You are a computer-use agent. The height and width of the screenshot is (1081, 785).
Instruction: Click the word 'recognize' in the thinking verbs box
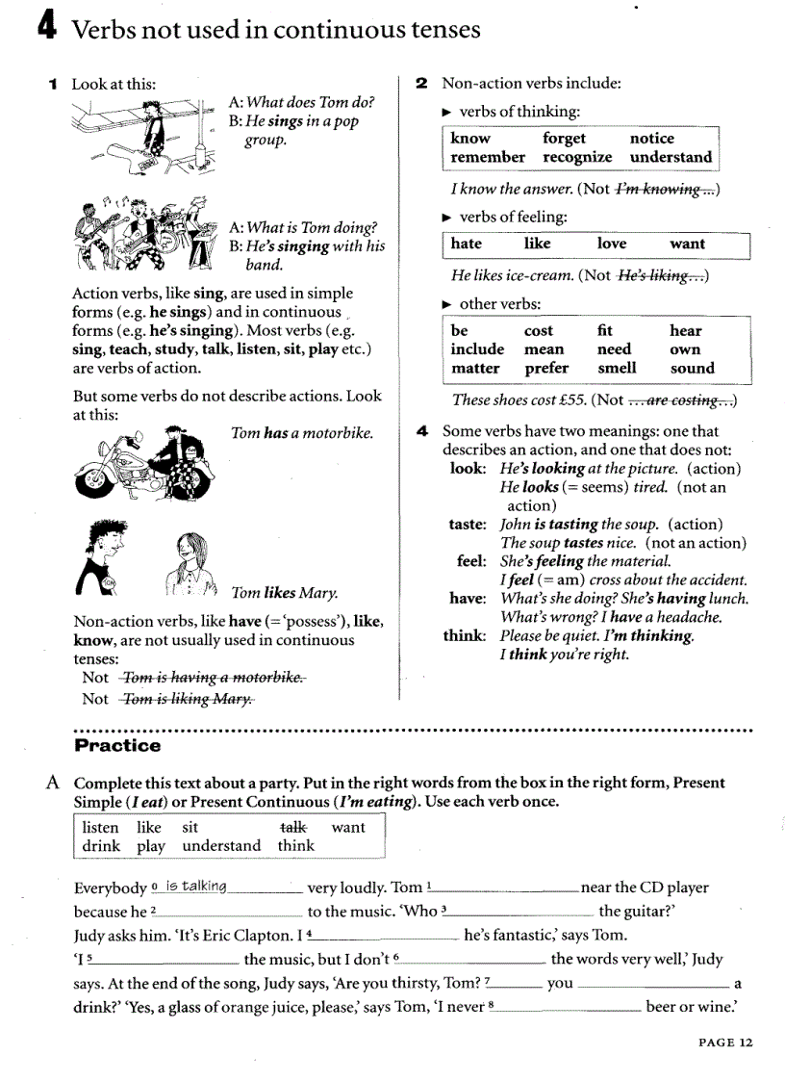click(576, 157)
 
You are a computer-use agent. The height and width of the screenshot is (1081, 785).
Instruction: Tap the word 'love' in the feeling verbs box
click(611, 244)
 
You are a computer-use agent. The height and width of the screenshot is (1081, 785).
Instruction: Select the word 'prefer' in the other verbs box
click(546, 368)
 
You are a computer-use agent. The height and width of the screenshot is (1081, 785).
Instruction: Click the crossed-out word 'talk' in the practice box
click(292, 827)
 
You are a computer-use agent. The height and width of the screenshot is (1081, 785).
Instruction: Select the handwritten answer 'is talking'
click(195, 886)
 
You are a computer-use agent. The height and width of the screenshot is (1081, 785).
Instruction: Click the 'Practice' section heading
click(117, 745)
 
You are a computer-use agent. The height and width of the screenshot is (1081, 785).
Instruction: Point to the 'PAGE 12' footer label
click(725, 1042)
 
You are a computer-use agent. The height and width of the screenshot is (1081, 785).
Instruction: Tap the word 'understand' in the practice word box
click(221, 846)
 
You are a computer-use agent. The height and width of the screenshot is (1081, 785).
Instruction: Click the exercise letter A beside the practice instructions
click(55, 783)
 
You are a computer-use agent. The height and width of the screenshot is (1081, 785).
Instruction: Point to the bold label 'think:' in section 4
click(467, 635)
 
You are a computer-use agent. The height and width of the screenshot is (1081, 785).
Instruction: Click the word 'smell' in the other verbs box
click(616, 368)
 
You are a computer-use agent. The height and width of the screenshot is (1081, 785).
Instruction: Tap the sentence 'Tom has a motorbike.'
click(302, 433)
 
